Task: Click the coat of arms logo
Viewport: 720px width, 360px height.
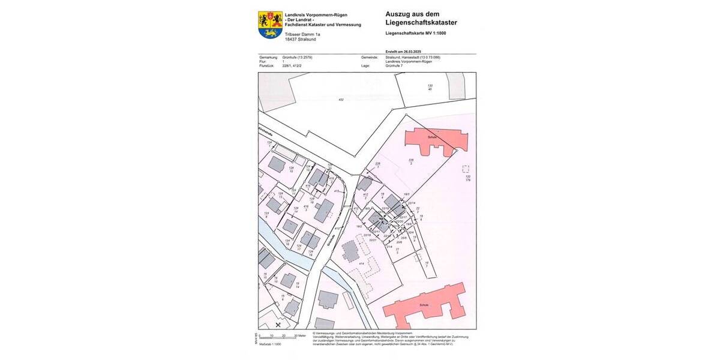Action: coord(270,25)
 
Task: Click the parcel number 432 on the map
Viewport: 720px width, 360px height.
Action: coord(341,100)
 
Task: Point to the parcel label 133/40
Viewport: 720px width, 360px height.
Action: coord(430,88)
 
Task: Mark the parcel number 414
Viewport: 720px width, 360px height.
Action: coord(362,263)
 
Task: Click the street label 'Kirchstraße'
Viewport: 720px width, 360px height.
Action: coord(262,131)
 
